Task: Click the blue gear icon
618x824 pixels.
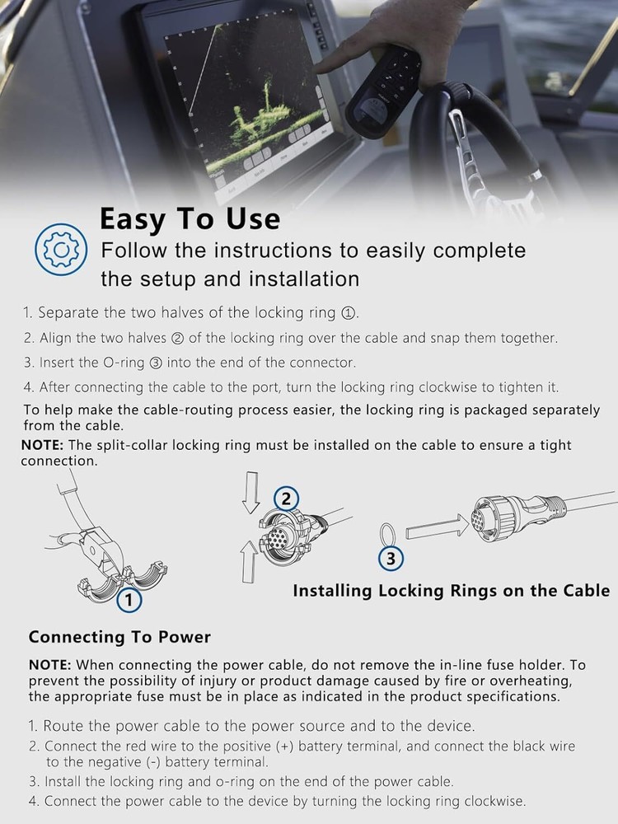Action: (x=61, y=249)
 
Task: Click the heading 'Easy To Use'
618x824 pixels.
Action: (x=190, y=218)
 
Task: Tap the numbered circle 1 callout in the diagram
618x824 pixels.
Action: (x=129, y=600)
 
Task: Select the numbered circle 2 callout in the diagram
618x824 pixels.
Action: (x=286, y=499)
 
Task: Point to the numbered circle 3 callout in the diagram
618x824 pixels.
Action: (x=391, y=558)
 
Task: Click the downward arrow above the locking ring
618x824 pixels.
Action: (x=251, y=492)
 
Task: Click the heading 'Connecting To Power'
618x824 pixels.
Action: (x=119, y=637)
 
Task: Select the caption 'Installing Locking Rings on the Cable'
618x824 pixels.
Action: (x=452, y=591)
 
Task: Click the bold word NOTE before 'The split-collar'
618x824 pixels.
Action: (x=42, y=445)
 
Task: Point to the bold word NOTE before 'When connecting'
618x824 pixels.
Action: (x=50, y=665)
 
